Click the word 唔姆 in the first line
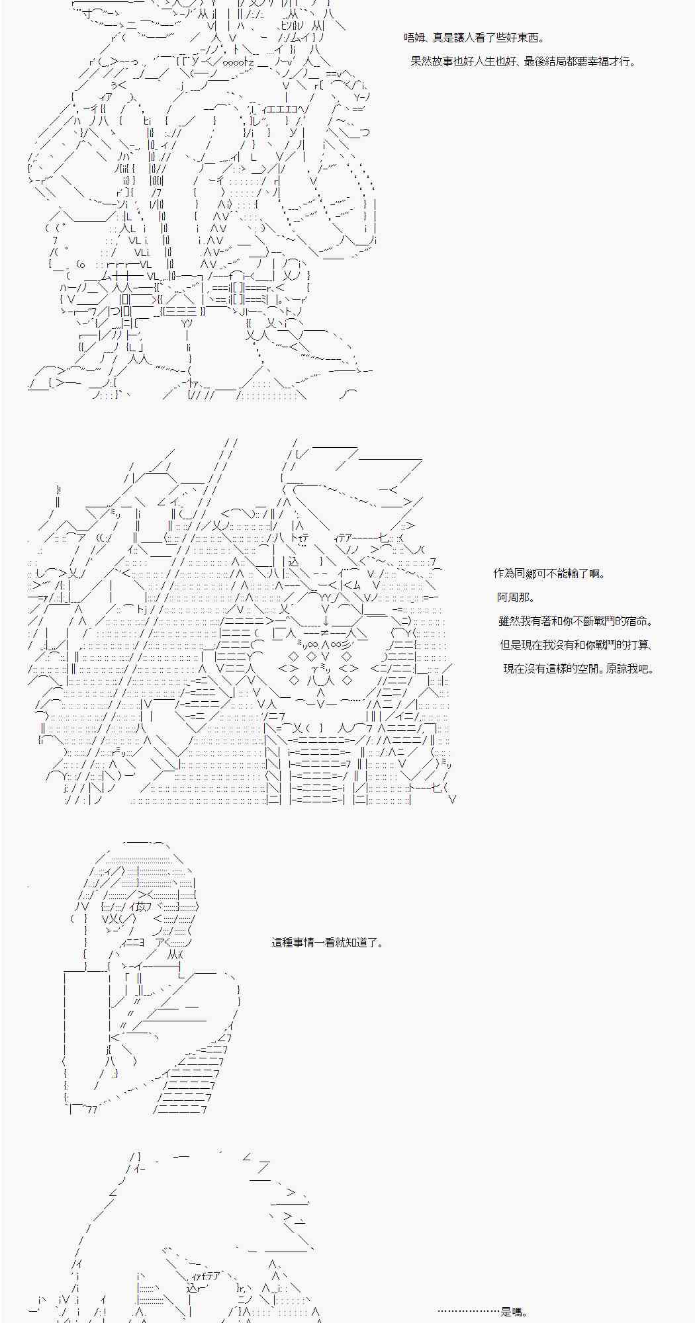click(x=414, y=38)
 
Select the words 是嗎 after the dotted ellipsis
click(x=512, y=1312)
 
